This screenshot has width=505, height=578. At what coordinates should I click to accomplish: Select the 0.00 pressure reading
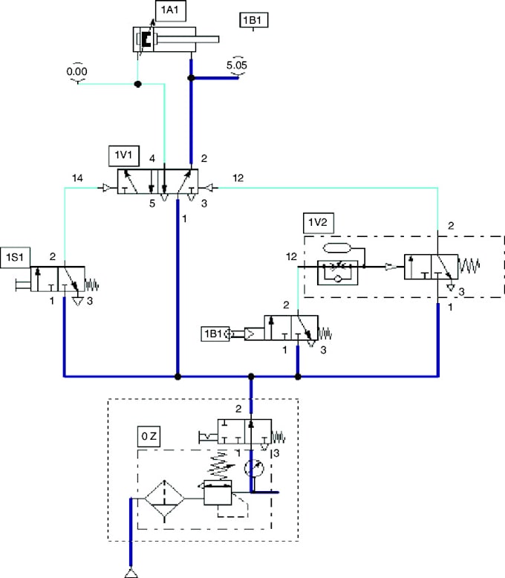(77, 72)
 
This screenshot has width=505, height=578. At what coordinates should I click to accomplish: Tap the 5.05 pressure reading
(237, 65)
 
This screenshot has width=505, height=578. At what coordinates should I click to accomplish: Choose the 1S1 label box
(14, 256)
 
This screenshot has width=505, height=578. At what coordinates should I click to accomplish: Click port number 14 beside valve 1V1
(77, 178)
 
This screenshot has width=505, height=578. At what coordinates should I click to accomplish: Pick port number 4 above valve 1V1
(151, 158)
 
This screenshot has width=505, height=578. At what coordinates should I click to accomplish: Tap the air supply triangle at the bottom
(131, 572)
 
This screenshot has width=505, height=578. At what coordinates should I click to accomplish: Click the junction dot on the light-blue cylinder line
(137, 84)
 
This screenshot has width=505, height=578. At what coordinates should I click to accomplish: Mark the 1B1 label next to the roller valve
(213, 334)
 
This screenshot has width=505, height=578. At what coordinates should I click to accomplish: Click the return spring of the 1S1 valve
(89, 284)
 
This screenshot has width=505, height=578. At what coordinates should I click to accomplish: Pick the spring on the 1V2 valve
(471, 265)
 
